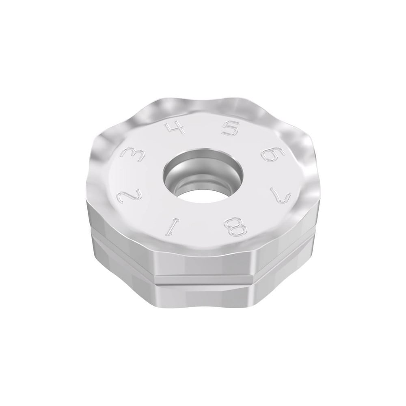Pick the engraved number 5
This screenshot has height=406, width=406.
230,130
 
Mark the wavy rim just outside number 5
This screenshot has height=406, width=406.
233,106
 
